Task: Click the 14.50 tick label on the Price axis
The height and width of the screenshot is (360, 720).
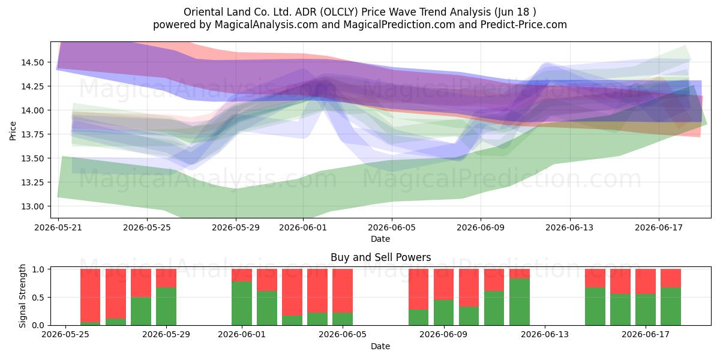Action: pos(32,62)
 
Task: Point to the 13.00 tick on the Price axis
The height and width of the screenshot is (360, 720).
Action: pos(32,206)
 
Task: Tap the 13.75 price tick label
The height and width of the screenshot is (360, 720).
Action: pos(32,134)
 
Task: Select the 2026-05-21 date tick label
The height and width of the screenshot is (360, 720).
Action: pos(58,227)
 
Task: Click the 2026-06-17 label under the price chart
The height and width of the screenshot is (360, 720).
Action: pos(659,227)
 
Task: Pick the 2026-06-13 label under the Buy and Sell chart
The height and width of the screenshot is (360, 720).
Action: pos(545,335)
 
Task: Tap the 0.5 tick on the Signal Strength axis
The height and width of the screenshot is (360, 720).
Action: pos(40,298)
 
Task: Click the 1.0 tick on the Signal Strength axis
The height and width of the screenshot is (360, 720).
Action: pos(40,269)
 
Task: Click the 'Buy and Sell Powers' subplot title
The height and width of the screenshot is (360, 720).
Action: pos(380,257)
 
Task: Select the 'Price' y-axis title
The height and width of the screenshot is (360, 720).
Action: pos(13,131)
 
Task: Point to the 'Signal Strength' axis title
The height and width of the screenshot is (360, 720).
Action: pos(22,296)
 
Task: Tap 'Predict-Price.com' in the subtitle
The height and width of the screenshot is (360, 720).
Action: pos(524,25)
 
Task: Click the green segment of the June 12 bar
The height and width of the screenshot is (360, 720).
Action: pos(520,302)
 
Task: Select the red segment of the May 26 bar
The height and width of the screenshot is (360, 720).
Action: pos(91,295)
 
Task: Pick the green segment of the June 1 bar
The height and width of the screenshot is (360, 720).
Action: pos(242,304)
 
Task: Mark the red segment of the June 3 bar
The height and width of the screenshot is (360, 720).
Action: pos(292,292)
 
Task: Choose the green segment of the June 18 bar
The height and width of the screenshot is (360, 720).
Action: pos(671,307)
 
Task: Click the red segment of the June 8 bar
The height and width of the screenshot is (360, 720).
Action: pos(419,289)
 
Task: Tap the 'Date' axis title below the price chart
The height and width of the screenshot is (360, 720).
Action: pos(380,239)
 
